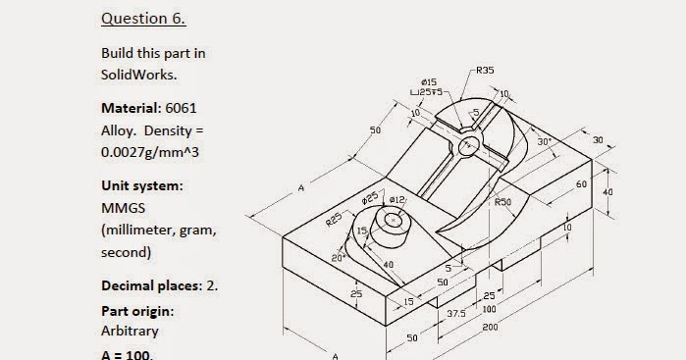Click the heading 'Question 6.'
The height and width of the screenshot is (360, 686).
[x=143, y=19]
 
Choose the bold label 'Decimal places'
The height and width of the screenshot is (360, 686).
[x=147, y=285]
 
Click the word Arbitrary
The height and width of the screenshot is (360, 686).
[x=130, y=331]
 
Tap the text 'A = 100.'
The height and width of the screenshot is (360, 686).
[x=128, y=353]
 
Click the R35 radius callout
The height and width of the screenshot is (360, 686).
[x=484, y=71]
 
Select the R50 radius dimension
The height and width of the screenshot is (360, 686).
[x=502, y=202]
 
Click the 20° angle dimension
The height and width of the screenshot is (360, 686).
[x=337, y=257]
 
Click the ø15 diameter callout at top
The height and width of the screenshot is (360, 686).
[x=428, y=81]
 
